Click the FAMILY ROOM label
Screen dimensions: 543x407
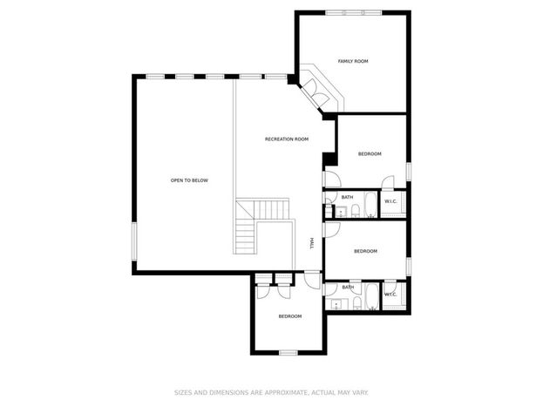353,61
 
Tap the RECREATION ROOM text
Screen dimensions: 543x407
287,139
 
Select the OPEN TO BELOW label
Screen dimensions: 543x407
189,180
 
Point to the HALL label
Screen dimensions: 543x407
312,243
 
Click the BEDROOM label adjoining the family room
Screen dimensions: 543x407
370,153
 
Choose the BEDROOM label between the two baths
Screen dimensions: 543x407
365,251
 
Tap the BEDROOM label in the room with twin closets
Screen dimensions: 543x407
290,316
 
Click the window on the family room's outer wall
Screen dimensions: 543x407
353,13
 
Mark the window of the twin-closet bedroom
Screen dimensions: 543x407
288,353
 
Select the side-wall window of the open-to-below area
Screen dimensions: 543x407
134,241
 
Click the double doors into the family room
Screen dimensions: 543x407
316,93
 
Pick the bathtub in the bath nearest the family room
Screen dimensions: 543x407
371,204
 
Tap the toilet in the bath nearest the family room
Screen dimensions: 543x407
356,211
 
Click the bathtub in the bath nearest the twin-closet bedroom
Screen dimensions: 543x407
372,296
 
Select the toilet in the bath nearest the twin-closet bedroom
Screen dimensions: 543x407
357,302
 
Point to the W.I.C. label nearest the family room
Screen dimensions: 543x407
390,201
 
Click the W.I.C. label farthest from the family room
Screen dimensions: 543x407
390,295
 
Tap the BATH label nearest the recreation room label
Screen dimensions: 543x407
348,198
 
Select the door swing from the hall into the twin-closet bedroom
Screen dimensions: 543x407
313,280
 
